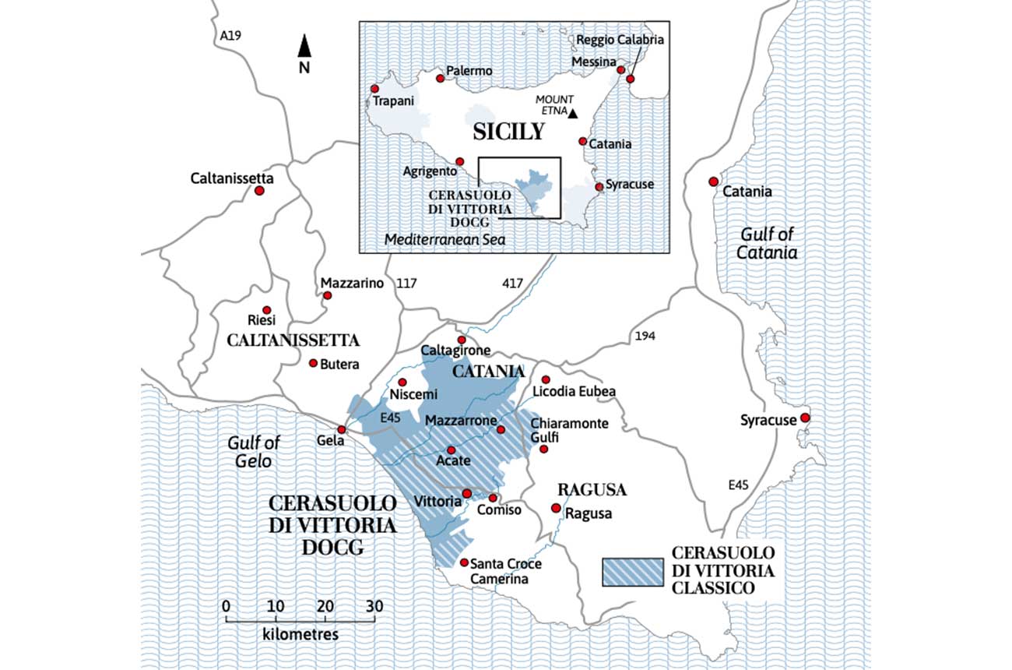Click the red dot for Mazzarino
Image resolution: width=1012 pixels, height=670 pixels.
(x=328, y=296)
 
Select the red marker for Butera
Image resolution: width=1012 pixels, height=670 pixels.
(x=314, y=363)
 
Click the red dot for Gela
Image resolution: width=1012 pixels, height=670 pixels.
(x=341, y=430)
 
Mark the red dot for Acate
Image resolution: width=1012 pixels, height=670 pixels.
(x=451, y=450)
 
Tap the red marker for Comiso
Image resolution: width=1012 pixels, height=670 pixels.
(x=493, y=498)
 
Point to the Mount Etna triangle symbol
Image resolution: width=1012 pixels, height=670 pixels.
(x=573, y=114)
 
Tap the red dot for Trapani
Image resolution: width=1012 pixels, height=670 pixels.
(x=375, y=89)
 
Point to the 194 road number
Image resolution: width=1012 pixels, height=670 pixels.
(x=645, y=336)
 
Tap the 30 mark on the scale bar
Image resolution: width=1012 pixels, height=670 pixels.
(x=375, y=606)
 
